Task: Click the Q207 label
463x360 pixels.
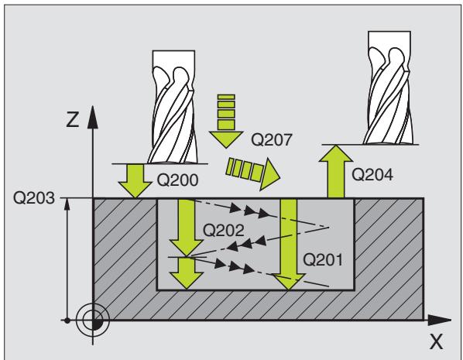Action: click(x=271, y=139)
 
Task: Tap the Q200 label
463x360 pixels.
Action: click(x=177, y=180)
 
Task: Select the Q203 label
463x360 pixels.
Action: click(x=34, y=198)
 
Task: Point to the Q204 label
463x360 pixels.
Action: click(x=372, y=174)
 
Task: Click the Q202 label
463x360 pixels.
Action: click(x=224, y=230)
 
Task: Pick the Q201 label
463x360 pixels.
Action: click(x=323, y=260)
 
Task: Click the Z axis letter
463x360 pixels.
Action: click(x=73, y=120)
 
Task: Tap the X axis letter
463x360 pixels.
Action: click(x=436, y=341)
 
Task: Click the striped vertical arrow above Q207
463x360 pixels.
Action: click(x=226, y=121)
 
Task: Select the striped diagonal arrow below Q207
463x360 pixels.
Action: click(x=252, y=173)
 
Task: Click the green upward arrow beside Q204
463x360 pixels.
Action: click(x=336, y=171)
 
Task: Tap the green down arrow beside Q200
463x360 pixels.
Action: click(x=135, y=180)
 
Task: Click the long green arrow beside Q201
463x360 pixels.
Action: click(x=289, y=245)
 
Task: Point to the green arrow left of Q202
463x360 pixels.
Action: click(x=187, y=228)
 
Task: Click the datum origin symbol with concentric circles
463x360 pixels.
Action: click(x=93, y=320)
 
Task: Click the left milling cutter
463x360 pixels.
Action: click(x=173, y=107)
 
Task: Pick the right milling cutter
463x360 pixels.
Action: click(x=389, y=87)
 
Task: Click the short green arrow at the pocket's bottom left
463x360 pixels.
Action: click(x=187, y=273)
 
